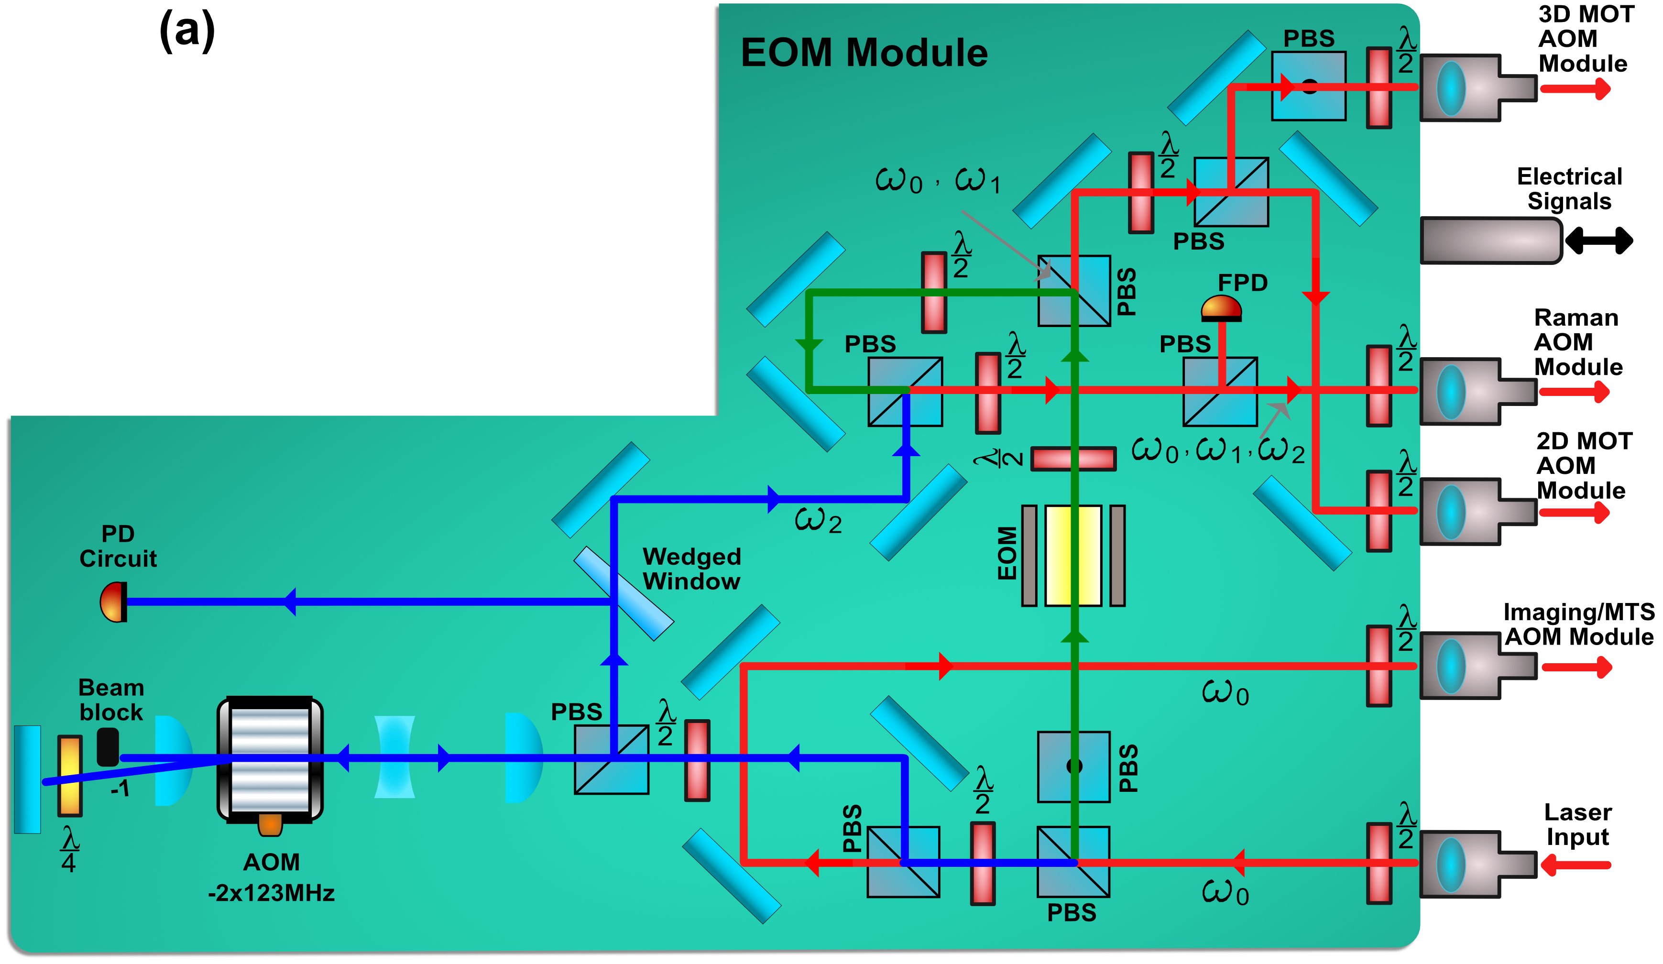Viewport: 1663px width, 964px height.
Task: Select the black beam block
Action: (108, 746)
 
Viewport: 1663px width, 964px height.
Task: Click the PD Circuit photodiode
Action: (113, 602)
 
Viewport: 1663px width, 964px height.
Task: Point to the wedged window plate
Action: (623, 593)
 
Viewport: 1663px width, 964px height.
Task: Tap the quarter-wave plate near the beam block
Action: (70, 776)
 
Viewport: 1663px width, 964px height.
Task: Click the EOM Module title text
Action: (864, 52)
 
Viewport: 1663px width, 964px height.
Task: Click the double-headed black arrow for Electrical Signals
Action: (1598, 240)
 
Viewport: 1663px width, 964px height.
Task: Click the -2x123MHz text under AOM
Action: (271, 893)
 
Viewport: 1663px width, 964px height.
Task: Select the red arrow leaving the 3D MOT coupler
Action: (1575, 88)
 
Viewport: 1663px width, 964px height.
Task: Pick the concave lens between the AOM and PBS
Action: (394, 757)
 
